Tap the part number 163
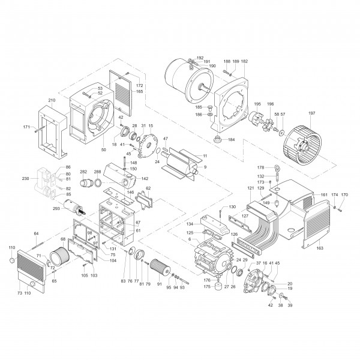coord(319,247)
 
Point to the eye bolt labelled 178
coord(278,168)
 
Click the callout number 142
coord(145,179)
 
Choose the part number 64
coord(36,233)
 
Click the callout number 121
coord(250,188)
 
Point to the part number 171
coord(26,127)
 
